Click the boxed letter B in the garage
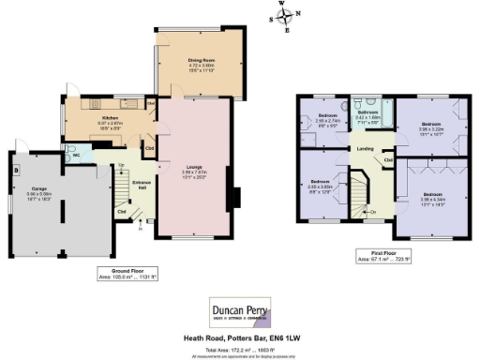pos(16,172)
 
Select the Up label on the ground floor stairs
pos(121,166)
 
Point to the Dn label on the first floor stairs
pos(372,213)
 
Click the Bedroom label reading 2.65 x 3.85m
pos(320,185)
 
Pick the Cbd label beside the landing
pos(388,159)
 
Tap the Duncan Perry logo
pos(240,310)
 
